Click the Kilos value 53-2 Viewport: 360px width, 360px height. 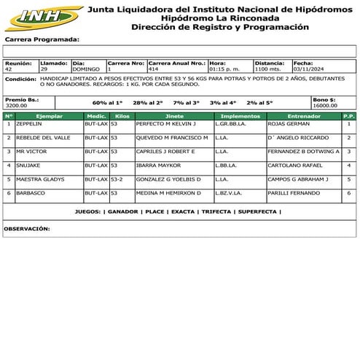point(117,179)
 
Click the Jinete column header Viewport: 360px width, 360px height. point(174,116)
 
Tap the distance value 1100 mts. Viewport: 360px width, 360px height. point(268,69)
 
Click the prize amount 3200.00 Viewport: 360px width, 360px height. point(17,106)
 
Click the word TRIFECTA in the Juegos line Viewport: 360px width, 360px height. point(216,211)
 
